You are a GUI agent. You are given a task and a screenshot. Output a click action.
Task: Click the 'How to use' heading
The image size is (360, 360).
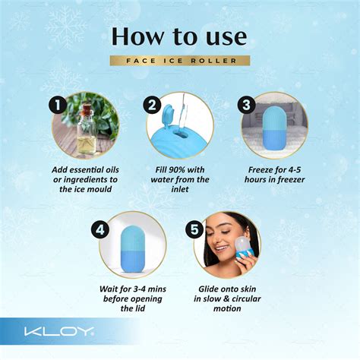tap(179, 36)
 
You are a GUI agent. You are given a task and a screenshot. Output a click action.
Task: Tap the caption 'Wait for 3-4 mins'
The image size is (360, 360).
tap(132, 289)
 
